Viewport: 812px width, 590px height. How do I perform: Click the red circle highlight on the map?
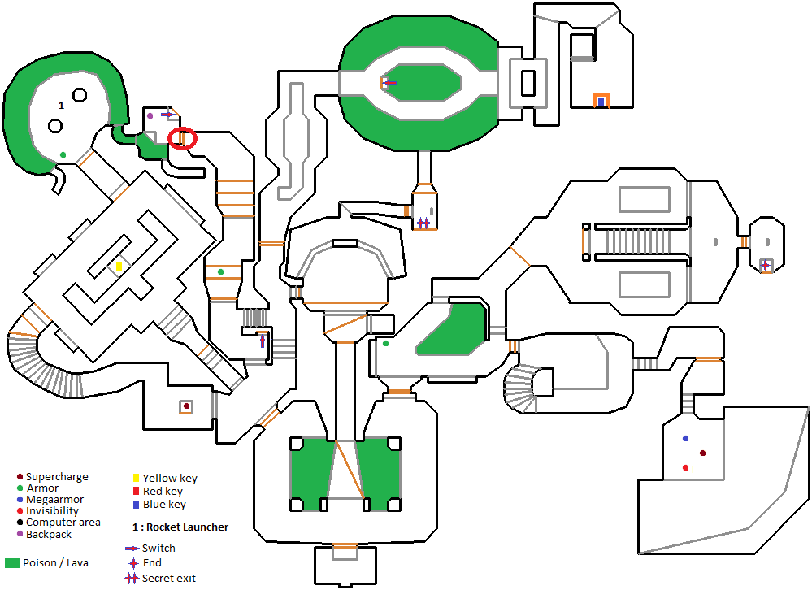(182, 139)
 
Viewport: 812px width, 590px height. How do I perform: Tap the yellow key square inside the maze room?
(119, 267)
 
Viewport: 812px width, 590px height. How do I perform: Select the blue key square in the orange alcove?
(601, 102)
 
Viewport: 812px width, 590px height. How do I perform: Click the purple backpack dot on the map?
(150, 115)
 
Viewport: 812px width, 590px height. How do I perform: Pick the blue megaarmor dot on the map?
(685, 438)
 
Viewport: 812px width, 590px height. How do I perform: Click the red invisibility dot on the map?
(685, 467)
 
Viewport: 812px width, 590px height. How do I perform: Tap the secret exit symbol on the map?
(423, 223)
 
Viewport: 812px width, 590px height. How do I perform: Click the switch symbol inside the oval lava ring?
(389, 82)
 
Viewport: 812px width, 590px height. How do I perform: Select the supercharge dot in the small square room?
(186, 406)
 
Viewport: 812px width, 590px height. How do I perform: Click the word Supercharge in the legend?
(57, 477)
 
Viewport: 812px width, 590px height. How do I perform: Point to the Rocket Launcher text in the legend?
(186, 527)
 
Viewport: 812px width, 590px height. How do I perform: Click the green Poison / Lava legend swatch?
(12, 563)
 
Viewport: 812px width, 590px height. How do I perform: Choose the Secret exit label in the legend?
(169, 578)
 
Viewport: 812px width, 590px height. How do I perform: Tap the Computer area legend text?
(63, 523)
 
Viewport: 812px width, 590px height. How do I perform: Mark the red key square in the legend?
(136, 491)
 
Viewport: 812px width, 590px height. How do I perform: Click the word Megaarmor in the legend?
(54, 500)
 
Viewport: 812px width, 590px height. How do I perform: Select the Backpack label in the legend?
(49, 534)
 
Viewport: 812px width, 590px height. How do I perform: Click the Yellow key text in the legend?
(170, 479)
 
